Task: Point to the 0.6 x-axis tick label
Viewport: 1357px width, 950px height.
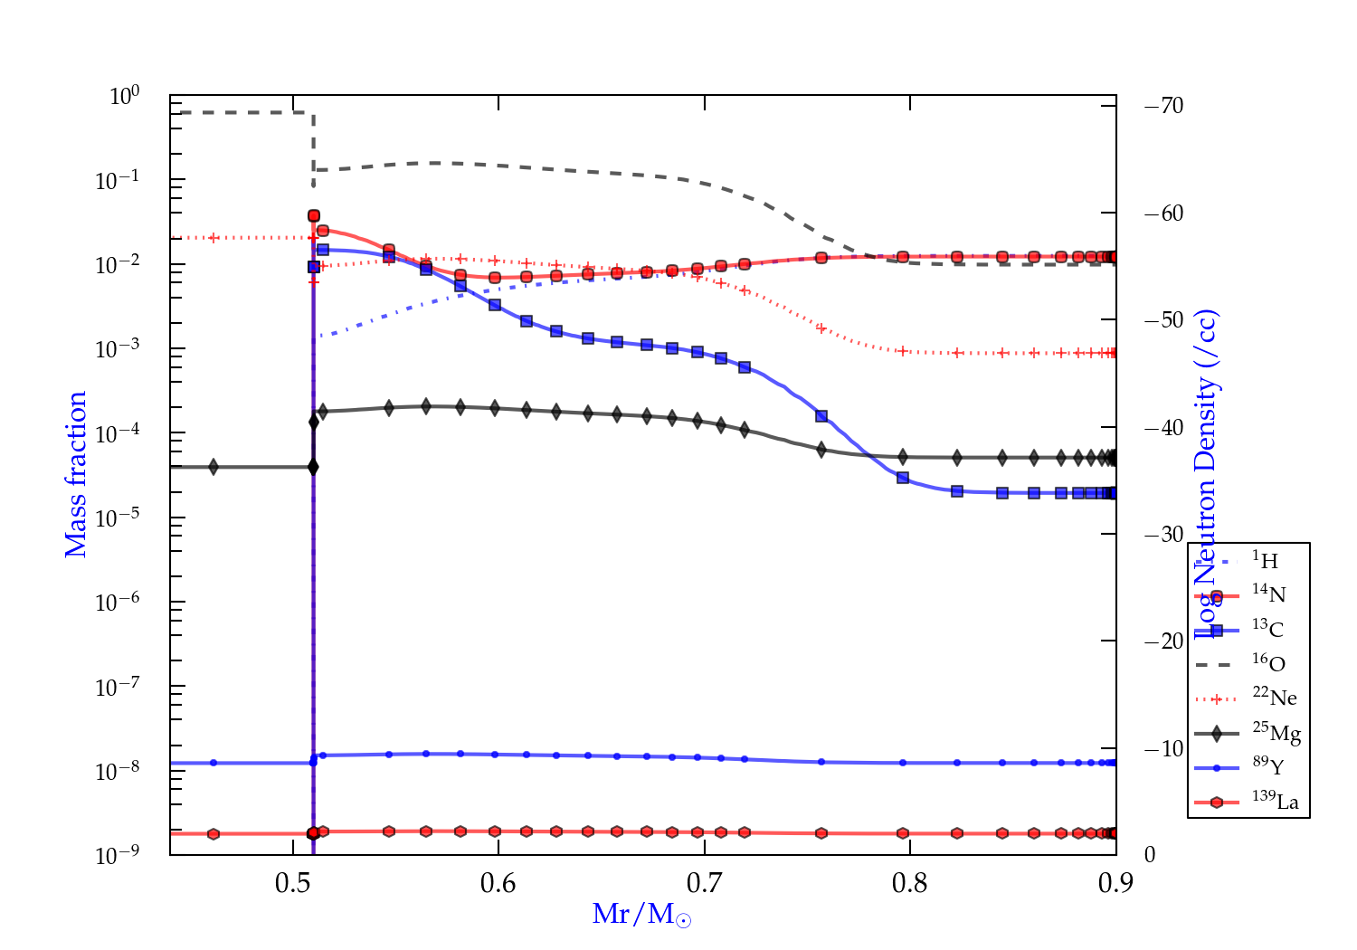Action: pos(498,883)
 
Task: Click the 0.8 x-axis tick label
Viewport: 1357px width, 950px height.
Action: pos(910,883)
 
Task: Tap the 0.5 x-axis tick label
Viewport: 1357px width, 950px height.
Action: pos(293,883)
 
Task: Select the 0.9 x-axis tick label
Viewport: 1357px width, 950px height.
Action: pos(1115,883)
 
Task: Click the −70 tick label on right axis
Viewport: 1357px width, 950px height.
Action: pos(1163,106)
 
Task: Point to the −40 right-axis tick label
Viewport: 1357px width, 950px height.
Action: pos(1163,427)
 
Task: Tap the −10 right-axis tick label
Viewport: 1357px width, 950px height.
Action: pos(1163,748)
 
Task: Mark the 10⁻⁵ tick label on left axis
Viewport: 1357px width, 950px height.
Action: pos(118,518)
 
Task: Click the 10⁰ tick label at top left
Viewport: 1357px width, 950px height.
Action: pos(124,95)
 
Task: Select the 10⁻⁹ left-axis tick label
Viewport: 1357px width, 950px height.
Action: pos(118,855)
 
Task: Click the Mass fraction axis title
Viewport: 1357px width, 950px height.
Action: pos(76,474)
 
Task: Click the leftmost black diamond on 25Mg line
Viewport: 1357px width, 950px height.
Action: pos(214,467)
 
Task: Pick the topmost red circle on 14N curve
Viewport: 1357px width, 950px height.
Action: pos(314,215)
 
